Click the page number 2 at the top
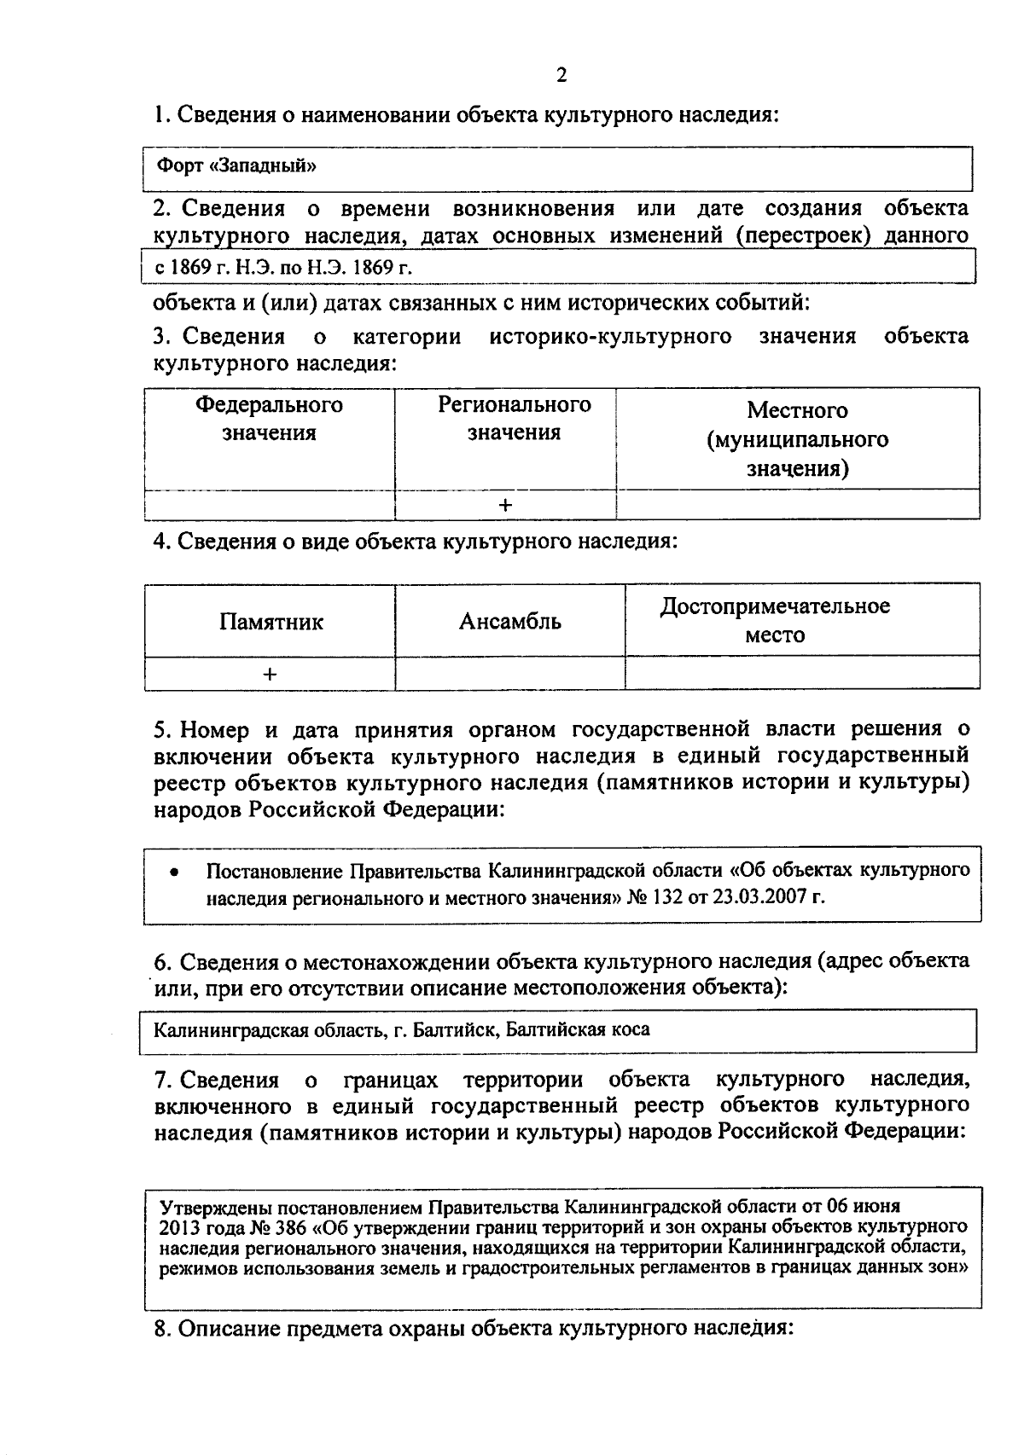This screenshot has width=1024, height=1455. click(561, 76)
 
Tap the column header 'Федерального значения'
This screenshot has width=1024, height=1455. click(270, 419)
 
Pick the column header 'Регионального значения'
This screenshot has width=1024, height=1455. click(514, 419)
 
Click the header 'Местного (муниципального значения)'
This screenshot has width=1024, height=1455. click(797, 439)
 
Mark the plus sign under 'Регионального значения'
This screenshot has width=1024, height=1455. click(505, 505)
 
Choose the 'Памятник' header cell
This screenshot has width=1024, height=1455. click(271, 622)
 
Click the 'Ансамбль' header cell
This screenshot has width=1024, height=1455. click(509, 621)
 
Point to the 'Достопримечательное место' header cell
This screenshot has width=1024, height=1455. click(775, 621)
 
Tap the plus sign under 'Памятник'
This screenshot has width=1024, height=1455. click(270, 674)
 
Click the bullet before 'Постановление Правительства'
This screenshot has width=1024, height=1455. click(174, 872)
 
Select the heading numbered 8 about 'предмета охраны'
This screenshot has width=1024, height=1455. click(474, 1329)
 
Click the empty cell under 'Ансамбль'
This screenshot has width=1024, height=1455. click(509, 674)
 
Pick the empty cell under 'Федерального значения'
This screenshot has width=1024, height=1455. click(270, 505)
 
